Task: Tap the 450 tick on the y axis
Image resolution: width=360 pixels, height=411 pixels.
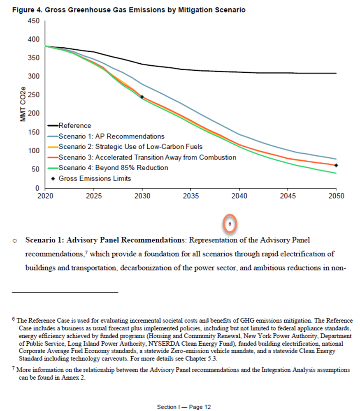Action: pos(33,21)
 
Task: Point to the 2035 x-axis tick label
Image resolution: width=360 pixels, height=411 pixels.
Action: pos(190,196)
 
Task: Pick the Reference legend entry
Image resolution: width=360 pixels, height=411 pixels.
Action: pos(74,126)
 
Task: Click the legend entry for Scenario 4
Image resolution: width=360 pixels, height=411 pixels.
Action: pos(113,168)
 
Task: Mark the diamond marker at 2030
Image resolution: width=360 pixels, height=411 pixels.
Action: pos(142,97)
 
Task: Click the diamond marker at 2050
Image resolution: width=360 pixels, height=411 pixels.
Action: pos(336,165)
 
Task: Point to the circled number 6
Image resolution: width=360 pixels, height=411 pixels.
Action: pos(230,224)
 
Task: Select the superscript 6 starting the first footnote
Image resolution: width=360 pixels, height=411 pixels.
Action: pos(14,319)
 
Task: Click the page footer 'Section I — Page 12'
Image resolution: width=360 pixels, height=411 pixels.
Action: pos(184,407)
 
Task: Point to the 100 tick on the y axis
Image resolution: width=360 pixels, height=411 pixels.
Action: pos(33,151)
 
